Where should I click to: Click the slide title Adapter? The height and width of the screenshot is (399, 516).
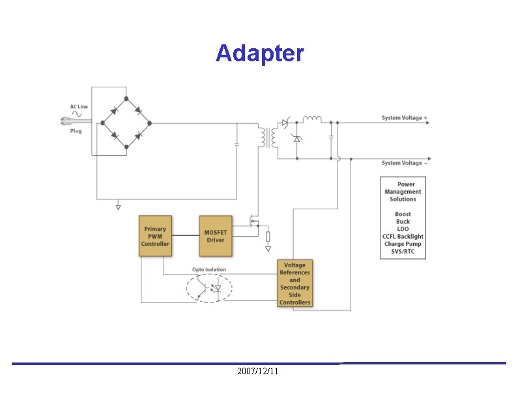pos(259,53)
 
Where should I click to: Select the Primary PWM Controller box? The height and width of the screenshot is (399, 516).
pos(155,236)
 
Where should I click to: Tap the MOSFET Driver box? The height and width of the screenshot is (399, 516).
pos(215,236)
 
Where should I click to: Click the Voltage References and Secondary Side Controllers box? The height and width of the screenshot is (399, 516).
pos(294,284)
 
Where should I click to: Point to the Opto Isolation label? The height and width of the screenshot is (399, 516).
pos(208,269)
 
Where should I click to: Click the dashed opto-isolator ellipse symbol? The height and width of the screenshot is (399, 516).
pos(208,288)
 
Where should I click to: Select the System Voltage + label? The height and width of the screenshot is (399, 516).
pos(405,118)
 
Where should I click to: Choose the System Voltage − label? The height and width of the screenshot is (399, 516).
pos(405,163)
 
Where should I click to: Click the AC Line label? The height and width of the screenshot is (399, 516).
pos(79,106)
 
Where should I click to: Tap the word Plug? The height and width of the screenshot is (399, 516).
pos(76,130)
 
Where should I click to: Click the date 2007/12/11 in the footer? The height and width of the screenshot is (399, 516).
pos(258,371)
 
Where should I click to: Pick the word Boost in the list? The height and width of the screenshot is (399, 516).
pos(403,214)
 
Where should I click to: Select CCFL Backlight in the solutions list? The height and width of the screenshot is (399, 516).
pos(403,236)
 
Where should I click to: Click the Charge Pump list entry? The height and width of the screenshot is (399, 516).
pos(403,244)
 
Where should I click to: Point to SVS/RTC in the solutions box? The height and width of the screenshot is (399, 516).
pos(403,252)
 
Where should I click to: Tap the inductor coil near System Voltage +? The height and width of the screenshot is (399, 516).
pos(312,119)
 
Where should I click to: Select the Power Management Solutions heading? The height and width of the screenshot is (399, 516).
pos(403,192)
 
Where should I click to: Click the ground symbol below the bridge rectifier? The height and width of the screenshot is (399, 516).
pos(118,207)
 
